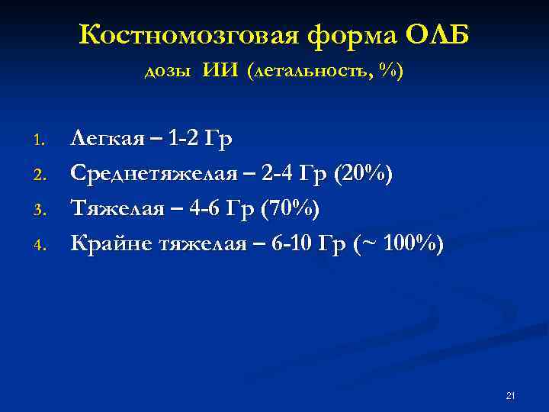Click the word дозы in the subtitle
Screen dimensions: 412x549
tap(169, 72)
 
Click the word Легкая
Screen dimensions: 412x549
tap(108, 139)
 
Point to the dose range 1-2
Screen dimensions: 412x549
tap(184, 139)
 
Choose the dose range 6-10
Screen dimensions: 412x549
tap(289, 244)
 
